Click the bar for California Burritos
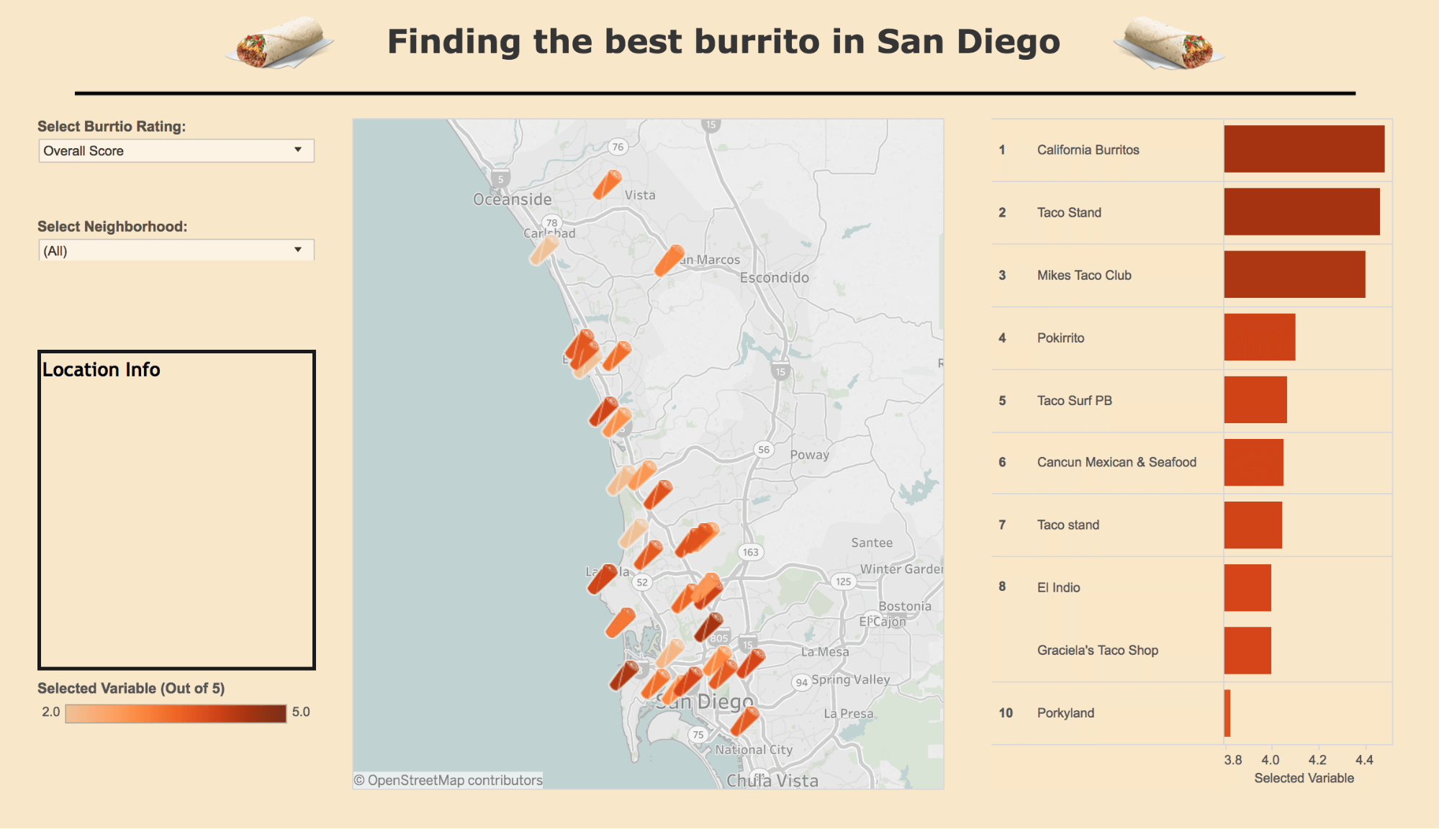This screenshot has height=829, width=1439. (1304, 149)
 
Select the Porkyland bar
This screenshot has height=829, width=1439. (1227, 713)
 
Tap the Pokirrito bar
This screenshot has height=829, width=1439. (1259, 338)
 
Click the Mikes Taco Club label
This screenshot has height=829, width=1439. (1083, 275)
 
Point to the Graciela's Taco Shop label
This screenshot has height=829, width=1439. (1097, 651)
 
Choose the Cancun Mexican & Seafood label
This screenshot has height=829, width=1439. (1116, 462)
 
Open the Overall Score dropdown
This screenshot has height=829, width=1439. (176, 150)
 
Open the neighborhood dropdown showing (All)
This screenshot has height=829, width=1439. (176, 250)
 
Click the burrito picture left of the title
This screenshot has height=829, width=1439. (280, 43)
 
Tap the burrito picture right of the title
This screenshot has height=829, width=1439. (1168, 43)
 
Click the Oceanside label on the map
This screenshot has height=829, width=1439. (512, 199)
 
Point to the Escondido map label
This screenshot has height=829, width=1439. (774, 278)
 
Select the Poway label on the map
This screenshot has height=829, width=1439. (809, 455)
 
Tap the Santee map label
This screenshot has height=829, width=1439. (871, 543)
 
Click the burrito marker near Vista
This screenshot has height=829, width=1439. (607, 184)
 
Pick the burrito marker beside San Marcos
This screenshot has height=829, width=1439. (669, 260)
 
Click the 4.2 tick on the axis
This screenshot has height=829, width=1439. (1317, 760)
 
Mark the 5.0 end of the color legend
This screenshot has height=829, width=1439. (300, 712)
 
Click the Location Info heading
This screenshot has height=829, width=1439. (102, 370)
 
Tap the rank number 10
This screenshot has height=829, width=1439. (1005, 713)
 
